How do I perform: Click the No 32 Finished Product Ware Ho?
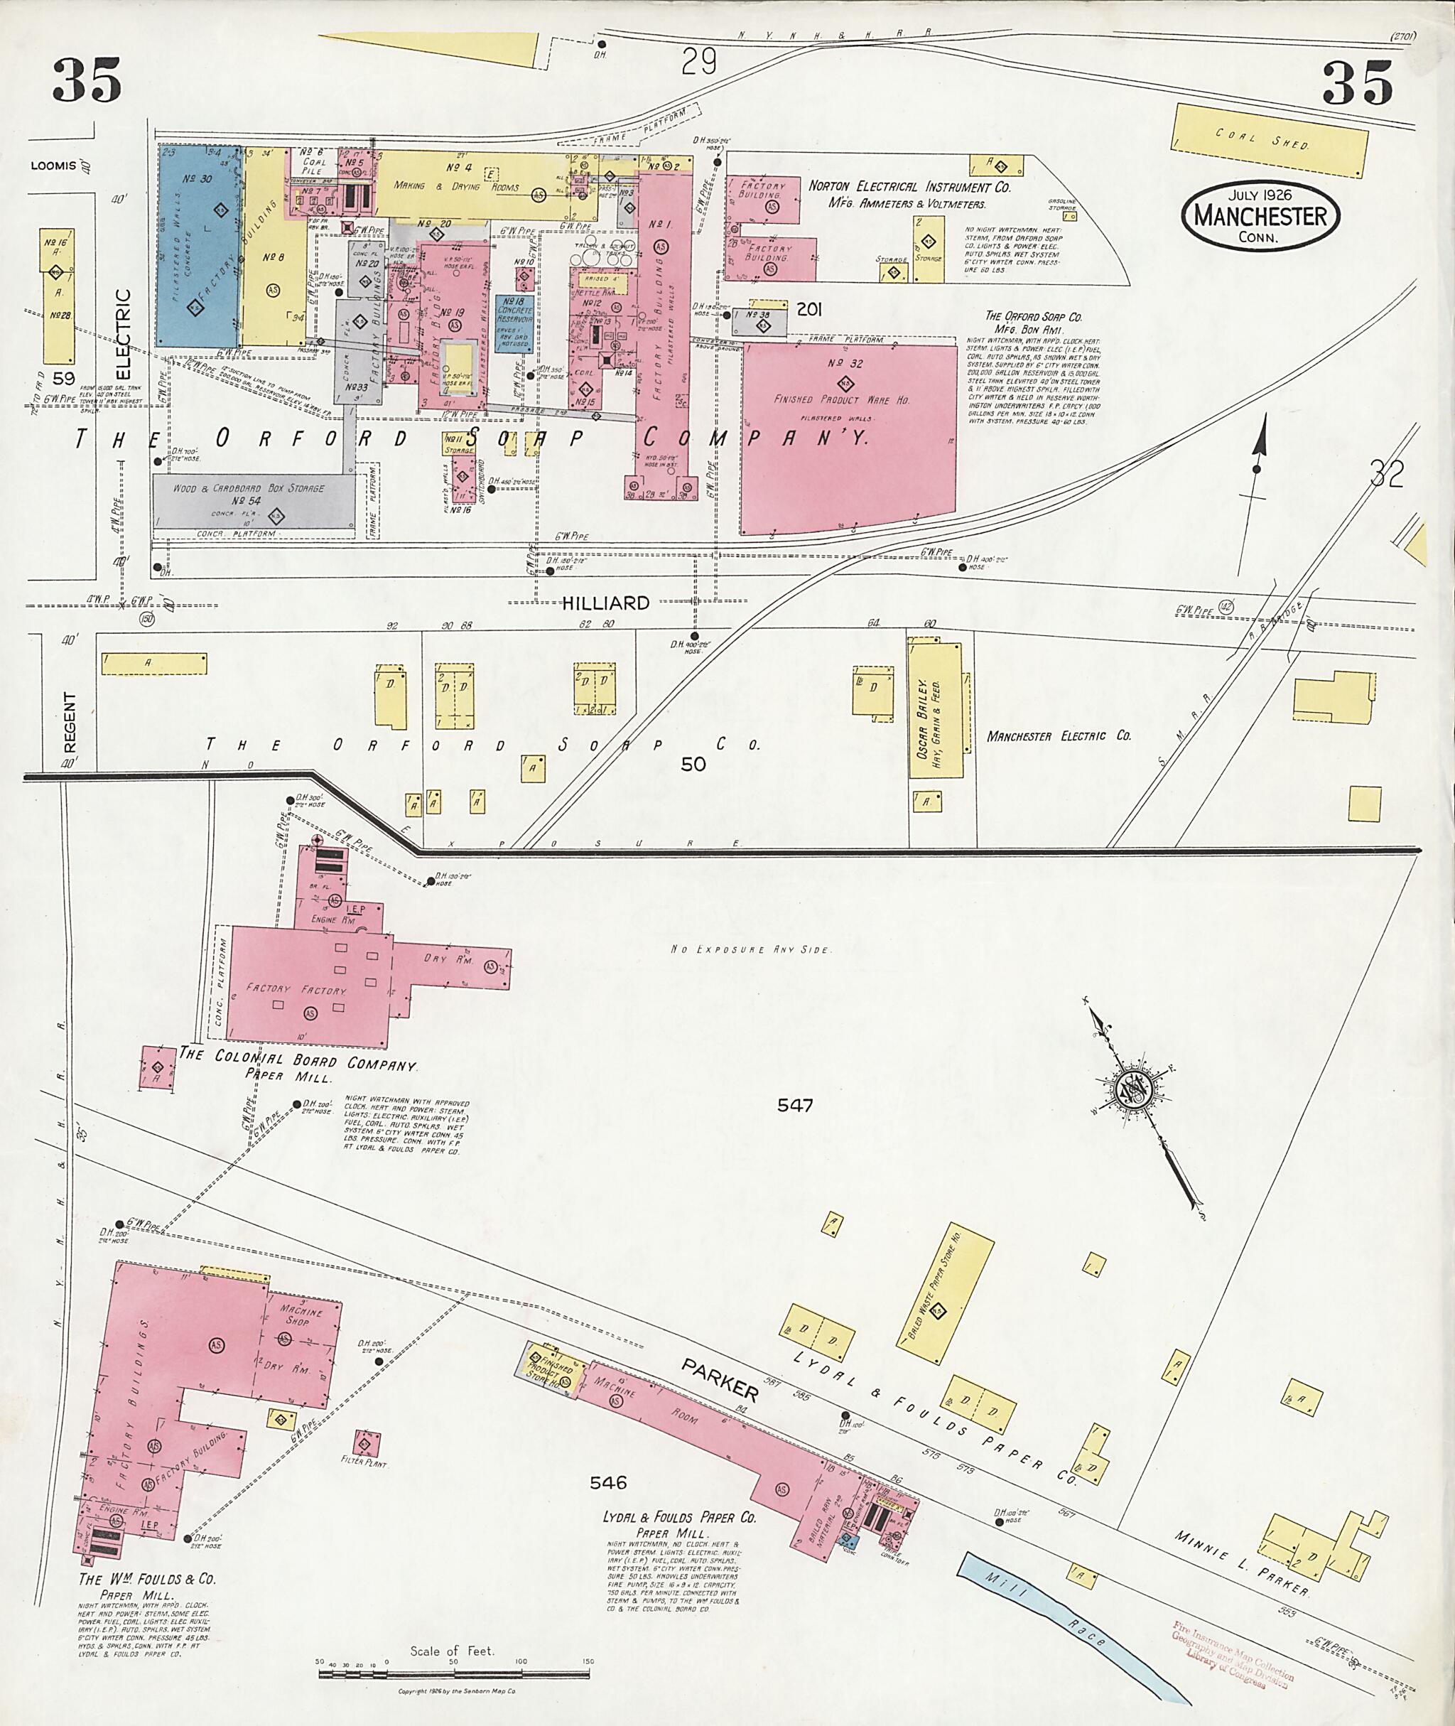[x=848, y=437]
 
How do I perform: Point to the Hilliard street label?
[x=605, y=603]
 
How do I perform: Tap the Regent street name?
[x=70, y=722]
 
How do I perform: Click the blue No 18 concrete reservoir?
[x=514, y=323]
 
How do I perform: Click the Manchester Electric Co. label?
[x=1059, y=736]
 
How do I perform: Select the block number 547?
[x=795, y=1105]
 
